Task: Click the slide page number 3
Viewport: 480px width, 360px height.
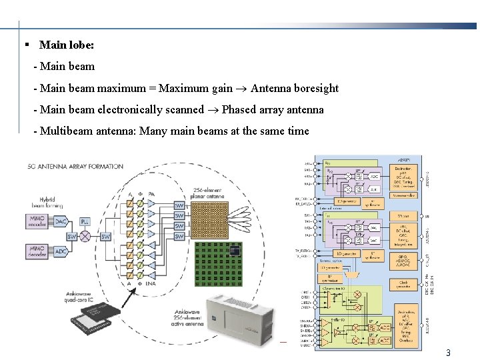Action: pos(449,353)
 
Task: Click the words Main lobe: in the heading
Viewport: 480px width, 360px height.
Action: pos(67,45)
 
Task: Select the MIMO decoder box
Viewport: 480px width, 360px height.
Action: pos(39,252)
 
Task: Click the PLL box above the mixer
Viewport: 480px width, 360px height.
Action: pos(85,221)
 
